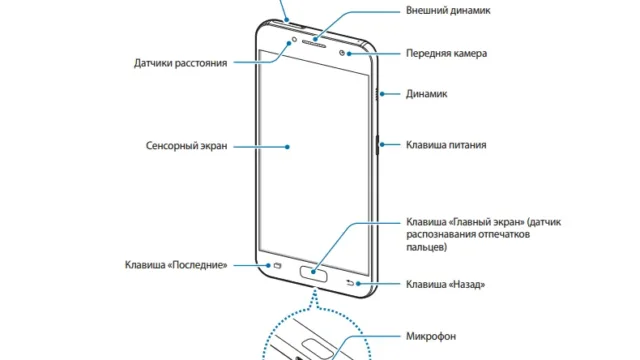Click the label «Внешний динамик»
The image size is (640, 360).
pyautogui.click(x=448, y=10)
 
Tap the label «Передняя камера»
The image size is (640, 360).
pyautogui.click(x=446, y=53)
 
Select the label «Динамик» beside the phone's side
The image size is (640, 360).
pyautogui.click(x=426, y=94)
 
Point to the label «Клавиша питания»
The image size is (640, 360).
pyautogui.click(x=446, y=145)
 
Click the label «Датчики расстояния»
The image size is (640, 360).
pyautogui.click(x=180, y=63)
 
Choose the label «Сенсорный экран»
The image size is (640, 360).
pyautogui.click(x=187, y=146)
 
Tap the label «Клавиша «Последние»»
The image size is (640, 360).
pyautogui.click(x=176, y=265)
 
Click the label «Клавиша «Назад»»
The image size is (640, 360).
pyautogui.click(x=445, y=284)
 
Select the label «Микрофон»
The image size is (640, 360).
pyautogui.click(x=431, y=336)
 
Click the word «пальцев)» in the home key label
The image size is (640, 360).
pyautogui.click(x=427, y=247)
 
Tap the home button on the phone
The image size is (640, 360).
pyautogui.click(x=313, y=273)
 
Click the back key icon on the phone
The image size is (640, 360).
pyautogui.click(x=350, y=282)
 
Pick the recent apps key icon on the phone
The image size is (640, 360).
pyautogui.click(x=278, y=266)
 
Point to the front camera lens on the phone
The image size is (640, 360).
pyautogui.click(x=342, y=53)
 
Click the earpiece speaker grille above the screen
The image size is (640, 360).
pyautogui.click(x=313, y=43)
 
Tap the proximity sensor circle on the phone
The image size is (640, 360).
pyautogui.click(x=294, y=40)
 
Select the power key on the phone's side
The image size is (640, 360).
pyautogui.click(x=377, y=145)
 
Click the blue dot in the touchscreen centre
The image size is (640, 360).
pyautogui.click(x=287, y=147)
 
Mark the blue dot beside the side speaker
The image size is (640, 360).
pyautogui.click(x=382, y=94)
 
